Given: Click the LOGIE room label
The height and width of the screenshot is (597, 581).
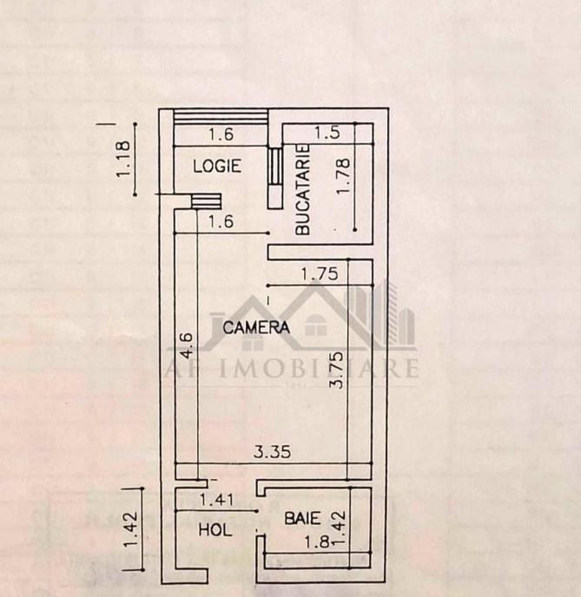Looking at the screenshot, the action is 217,166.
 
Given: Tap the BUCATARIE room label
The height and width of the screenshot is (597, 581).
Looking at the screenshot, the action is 302,189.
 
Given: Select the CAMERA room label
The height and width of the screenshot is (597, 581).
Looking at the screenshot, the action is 256,327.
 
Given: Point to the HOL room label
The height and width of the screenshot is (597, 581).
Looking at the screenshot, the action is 215,529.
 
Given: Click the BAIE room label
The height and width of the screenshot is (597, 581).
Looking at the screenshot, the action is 303,518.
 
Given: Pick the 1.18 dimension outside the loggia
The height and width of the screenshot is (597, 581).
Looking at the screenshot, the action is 123,159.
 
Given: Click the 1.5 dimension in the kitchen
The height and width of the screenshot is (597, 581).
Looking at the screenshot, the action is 327,132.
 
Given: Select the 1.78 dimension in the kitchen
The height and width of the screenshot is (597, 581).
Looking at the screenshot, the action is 343,176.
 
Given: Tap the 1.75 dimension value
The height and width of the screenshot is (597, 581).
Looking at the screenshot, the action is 320,273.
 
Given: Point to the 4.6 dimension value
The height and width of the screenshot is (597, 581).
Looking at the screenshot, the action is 187,345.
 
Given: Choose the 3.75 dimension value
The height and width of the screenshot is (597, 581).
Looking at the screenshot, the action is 336,370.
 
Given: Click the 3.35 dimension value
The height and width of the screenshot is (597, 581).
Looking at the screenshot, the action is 273,452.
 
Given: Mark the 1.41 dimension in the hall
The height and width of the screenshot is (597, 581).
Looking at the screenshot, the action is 216,500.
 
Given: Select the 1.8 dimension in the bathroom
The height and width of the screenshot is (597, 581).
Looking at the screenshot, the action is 317,542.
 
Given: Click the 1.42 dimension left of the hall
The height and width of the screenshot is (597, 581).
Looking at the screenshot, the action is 130,529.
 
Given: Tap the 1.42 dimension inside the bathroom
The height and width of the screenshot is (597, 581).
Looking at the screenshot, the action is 339,528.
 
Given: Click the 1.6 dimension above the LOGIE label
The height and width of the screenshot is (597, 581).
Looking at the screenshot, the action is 221,134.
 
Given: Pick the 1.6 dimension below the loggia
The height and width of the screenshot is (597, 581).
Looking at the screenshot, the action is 221,221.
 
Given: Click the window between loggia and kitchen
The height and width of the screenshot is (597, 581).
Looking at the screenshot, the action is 274,178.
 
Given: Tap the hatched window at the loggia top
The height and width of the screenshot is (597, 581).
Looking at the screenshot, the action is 221,116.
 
